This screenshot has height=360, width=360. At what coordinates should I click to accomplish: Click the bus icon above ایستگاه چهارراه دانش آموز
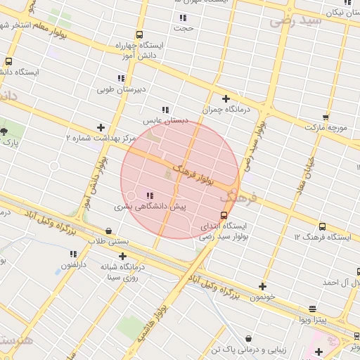(139, 34)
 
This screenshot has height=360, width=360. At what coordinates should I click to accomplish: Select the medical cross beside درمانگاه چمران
(226, 98)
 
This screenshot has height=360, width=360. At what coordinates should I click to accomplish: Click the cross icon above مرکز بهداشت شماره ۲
(101, 127)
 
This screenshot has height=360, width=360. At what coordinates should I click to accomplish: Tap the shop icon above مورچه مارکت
(325, 117)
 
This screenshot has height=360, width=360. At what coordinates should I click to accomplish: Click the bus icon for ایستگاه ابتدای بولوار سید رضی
(224, 215)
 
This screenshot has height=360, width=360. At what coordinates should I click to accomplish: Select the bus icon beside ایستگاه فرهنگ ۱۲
(322, 226)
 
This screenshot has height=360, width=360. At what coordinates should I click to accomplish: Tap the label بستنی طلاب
(108, 241)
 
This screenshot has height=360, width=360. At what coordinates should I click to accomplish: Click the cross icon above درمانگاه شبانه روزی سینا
(123, 255)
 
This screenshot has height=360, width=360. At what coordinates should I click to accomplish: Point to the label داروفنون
(72, 265)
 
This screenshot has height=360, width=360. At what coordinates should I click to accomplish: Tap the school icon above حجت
(184, 18)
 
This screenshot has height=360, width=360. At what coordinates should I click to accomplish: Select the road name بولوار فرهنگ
(193, 174)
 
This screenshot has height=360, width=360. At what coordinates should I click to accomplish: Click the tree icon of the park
(4, 131)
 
